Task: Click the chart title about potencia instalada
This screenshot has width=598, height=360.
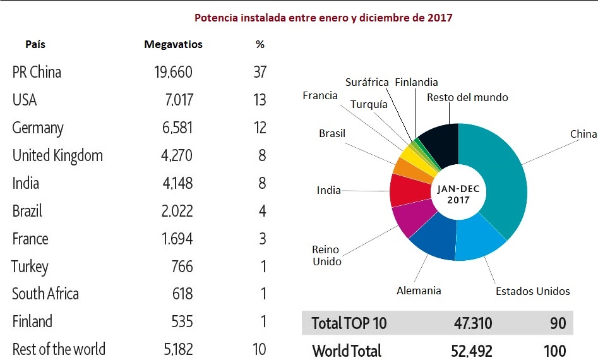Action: [323, 18]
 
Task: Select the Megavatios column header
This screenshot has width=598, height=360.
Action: [173, 45]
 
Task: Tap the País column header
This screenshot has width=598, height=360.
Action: [35, 45]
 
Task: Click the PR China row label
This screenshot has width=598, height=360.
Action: [37, 72]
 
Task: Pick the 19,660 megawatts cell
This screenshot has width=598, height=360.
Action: [173, 72]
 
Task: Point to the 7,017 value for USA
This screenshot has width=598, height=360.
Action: [177, 100]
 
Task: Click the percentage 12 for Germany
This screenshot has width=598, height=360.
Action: [260, 128]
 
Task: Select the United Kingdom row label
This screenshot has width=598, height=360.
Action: [57, 155]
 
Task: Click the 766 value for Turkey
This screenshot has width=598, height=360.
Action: [181, 267]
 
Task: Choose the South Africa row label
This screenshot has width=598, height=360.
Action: [45, 294]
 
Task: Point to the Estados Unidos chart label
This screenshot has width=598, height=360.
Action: [532, 291]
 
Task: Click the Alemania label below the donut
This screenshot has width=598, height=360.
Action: [419, 291]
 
